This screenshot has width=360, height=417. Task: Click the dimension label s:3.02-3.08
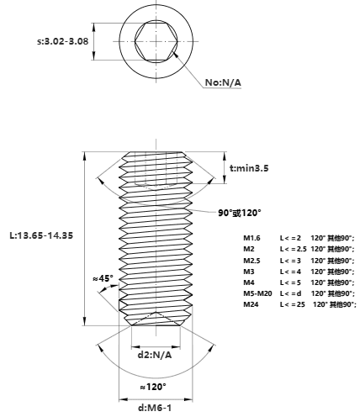pyautogui.click(x=63, y=41)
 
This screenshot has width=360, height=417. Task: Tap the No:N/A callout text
pyautogui.click(x=223, y=82)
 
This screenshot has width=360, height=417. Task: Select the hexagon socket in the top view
pyautogui.click(x=156, y=41)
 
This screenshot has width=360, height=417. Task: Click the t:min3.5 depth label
pyautogui.click(x=249, y=168)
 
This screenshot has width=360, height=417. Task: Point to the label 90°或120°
pyautogui.click(x=240, y=213)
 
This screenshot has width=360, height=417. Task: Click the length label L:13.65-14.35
pyautogui.click(x=41, y=235)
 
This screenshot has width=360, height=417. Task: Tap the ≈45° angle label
pyautogui.click(x=103, y=278)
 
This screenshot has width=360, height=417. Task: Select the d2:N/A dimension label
pyautogui.click(x=155, y=355)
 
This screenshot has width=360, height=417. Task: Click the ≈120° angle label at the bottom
pyautogui.click(x=153, y=387)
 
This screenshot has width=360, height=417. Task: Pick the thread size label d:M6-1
pyautogui.click(x=155, y=408)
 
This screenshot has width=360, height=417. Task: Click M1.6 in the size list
pyautogui.click(x=251, y=238)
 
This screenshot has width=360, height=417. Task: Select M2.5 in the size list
pyautogui.click(x=251, y=261)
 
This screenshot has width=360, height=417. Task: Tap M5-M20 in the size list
pyautogui.click(x=257, y=293)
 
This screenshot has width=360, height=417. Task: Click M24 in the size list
pyautogui.click(x=251, y=304)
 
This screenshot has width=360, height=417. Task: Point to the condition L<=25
pyautogui.click(x=293, y=304)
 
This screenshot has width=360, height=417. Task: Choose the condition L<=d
pyautogui.click(x=291, y=293)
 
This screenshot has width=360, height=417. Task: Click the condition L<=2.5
pyautogui.click(x=294, y=249)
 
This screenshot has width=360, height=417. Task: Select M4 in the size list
pyautogui.click(x=249, y=282)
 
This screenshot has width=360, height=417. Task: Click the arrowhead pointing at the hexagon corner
pyautogui.click(x=176, y=54)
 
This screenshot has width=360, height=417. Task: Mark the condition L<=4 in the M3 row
pyautogui.click(x=290, y=272)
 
